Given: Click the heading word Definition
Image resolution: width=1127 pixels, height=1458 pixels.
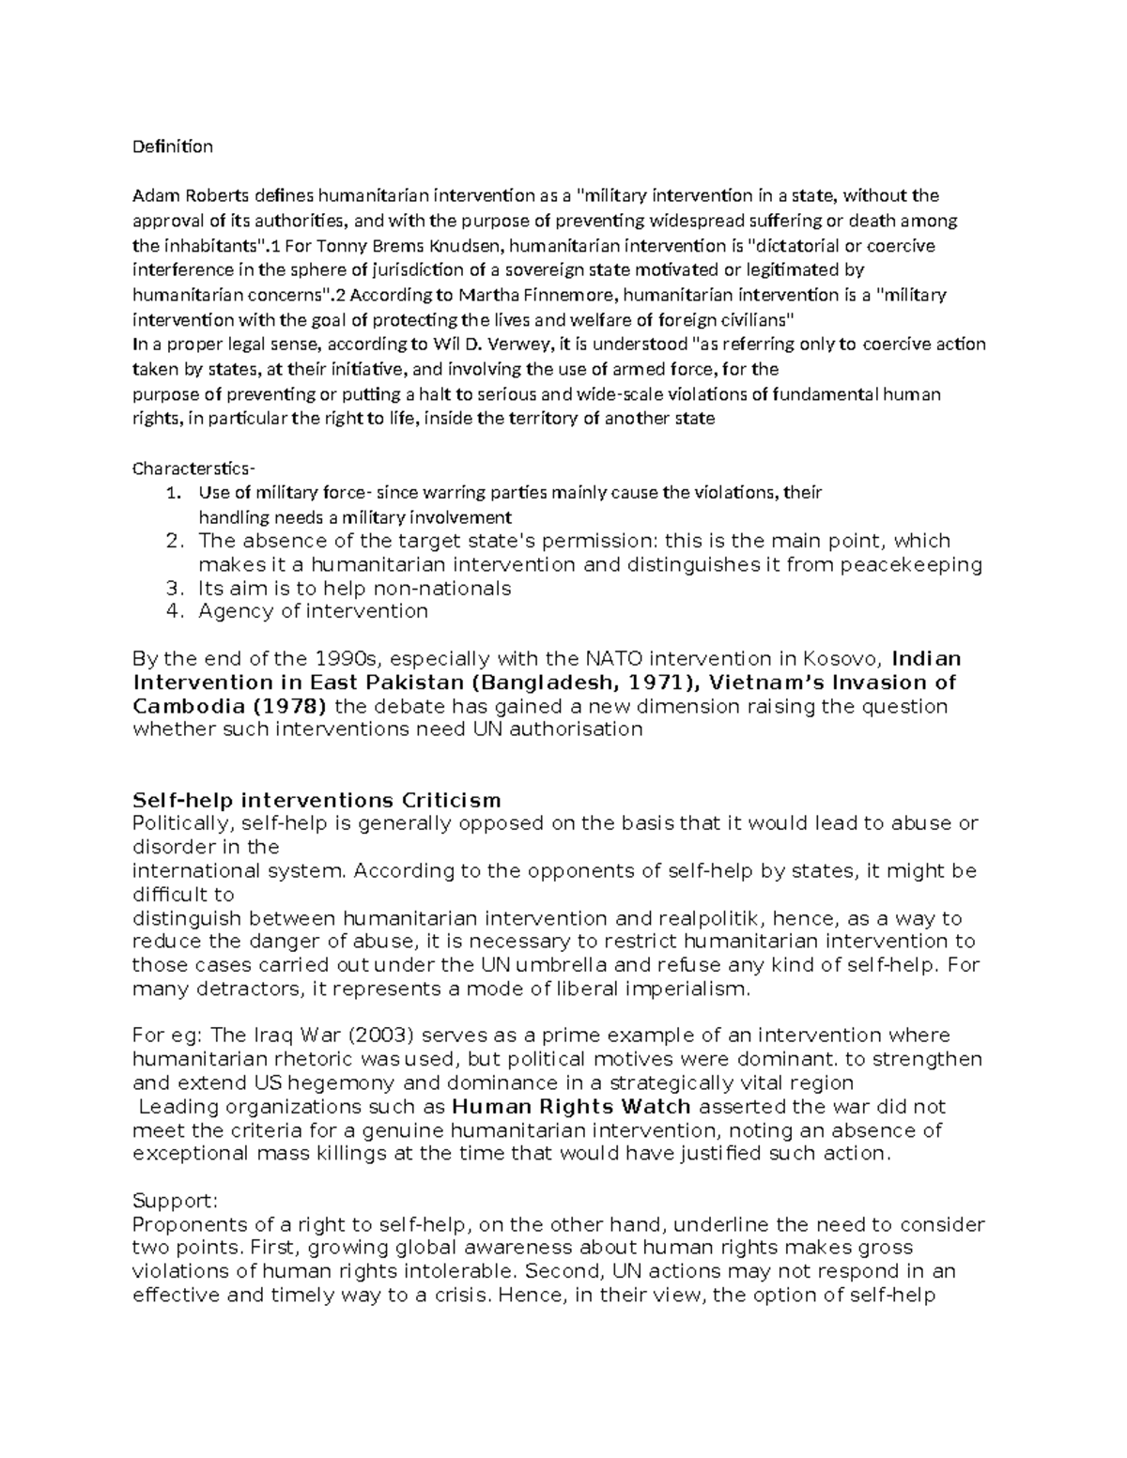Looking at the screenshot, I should [173, 146].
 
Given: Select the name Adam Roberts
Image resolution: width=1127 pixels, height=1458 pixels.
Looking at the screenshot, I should [191, 196].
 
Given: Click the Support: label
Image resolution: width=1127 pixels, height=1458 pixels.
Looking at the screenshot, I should [176, 1201].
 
